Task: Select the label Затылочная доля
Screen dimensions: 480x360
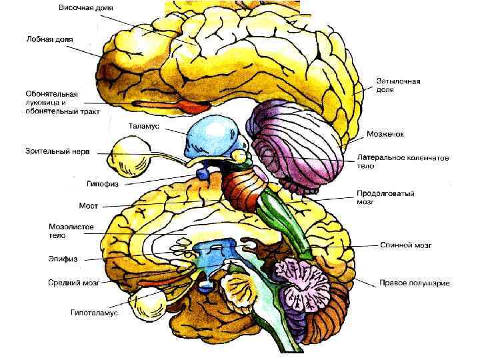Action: tap(399, 85)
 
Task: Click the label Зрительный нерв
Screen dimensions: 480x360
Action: tap(57, 151)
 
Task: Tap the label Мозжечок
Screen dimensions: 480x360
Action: tap(385, 134)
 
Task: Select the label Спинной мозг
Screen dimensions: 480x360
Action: tap(407, 245)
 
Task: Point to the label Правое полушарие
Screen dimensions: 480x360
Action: tap(415, 283)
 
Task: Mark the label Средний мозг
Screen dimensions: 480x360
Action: tap(74, 283)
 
